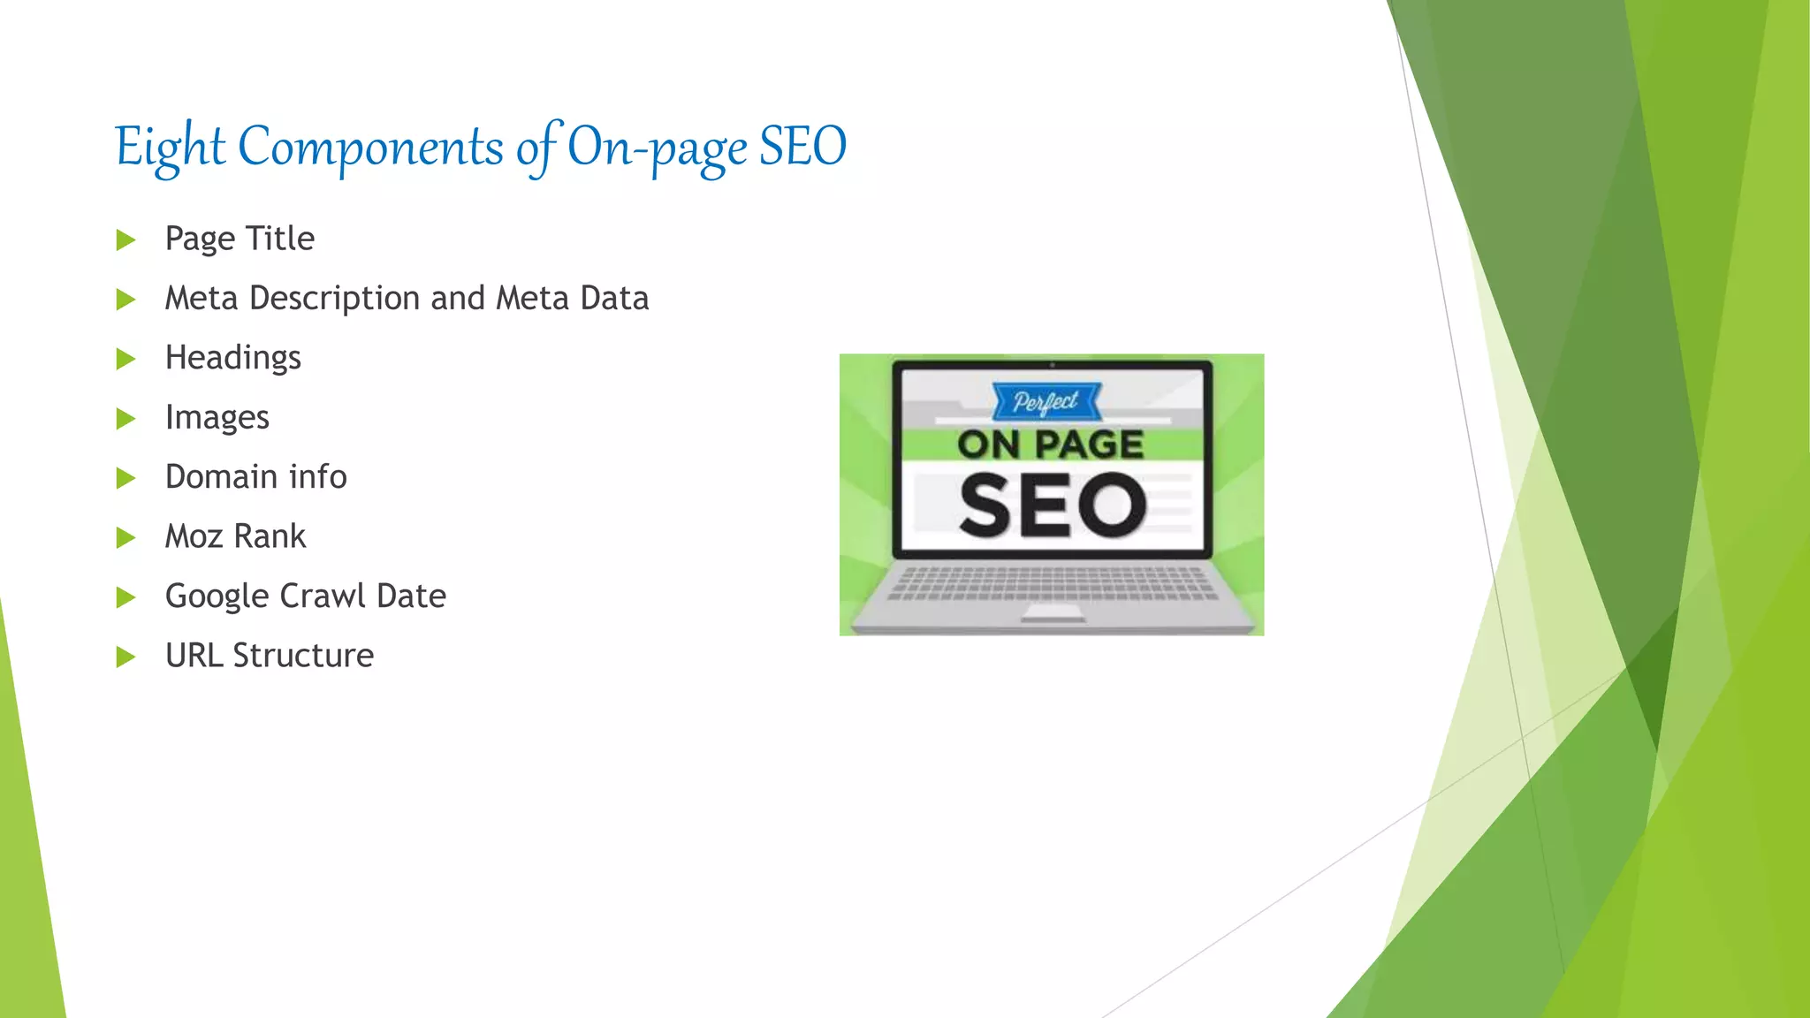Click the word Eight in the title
click(170, 147)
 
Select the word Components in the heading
click(370, 147)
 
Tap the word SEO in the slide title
click(802, 147)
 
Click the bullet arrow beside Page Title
click(125, 240)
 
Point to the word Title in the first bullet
click(279, 239)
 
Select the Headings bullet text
click(233, 358)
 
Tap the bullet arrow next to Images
click(125, 419)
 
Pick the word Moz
click(194, 536)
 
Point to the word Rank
click(270, 536)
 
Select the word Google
click(217, 596)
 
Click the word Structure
click(303, 656)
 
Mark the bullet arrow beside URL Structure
click(125, 657)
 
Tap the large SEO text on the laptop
click(1052, 505)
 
